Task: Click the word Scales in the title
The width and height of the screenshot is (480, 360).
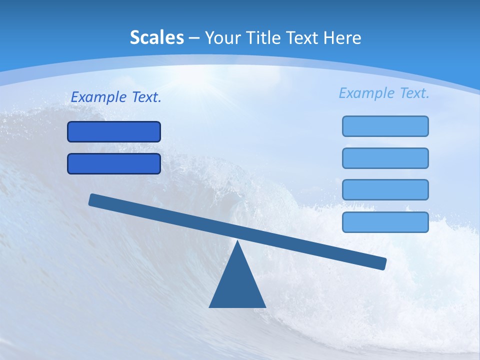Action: [x=156, y=37]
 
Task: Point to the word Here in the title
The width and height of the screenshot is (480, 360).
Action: [x=342, y=37]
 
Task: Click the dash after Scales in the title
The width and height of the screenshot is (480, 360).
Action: [x=194, y=38]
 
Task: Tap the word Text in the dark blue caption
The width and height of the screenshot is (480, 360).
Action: [x=146, y=97]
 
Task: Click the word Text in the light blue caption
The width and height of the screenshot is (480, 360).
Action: [x=414, y=93]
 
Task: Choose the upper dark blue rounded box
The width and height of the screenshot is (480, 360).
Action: [x=114, y=131]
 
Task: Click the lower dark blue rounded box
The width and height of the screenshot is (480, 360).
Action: [x=114, y=163]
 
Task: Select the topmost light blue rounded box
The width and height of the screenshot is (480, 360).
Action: [x=385, y=126]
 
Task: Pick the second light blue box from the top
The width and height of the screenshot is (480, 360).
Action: [x=385, y=158]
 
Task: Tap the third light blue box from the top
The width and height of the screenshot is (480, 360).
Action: [x=385, y=190]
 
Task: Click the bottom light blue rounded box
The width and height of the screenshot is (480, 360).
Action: [x=385, y=222]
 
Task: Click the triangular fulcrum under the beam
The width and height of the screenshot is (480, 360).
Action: [x=237, y=285]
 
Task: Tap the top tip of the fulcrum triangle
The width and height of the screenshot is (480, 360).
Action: [x=237, y=242]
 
